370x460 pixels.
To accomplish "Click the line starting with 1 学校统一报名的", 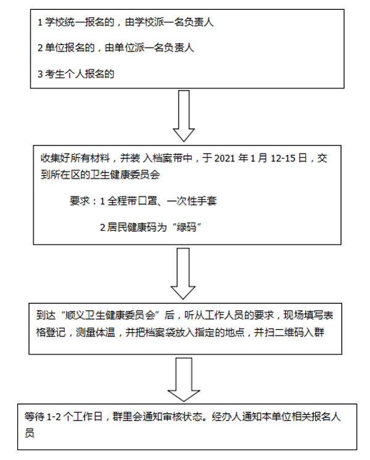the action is tap(125, 22).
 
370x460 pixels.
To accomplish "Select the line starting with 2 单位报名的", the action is tap(115, 48).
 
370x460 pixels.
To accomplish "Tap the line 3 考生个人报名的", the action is tap(76, 74).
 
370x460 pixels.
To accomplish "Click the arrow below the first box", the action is tap(184, 116).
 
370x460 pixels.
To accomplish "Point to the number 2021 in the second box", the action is tap(224, 158).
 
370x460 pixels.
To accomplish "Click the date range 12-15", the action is tap(283, 158).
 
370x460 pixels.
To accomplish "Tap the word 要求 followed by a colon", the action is tap(80, 201).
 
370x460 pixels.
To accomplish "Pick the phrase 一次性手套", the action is tap(192, 201).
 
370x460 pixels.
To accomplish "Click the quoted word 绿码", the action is tap(186, 228).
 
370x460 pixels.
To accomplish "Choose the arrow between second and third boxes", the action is tap(183, 274).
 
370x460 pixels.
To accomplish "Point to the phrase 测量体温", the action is tap(96, 332).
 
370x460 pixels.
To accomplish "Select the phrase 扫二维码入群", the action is tap(294, 332).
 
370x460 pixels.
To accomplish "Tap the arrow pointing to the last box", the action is tap(184, 380).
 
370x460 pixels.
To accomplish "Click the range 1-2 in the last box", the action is tap(54, 417).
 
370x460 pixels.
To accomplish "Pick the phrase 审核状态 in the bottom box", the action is tap(183, 417).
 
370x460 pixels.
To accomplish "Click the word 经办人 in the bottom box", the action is tap(226, 417).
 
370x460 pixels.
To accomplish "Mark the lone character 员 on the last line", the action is tap(30, 433).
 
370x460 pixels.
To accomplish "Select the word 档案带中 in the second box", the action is tap(173, 158).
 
